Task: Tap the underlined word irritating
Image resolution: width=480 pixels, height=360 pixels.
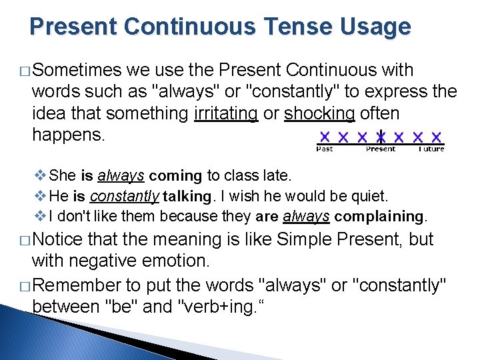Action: coord(225,113)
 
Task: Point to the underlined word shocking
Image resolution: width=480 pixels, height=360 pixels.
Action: coord(320,113)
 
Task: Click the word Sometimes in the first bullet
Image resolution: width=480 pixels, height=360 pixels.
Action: coord(77,70)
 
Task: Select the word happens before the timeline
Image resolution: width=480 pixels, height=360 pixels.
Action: coord(69,135)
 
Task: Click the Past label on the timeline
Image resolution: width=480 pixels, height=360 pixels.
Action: coord(325,149)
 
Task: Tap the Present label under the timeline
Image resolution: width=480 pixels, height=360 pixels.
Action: coord(381,149)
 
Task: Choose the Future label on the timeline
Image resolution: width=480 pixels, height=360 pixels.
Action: coord(431,149)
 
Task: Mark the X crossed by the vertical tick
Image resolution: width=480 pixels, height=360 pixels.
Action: coord(381,137)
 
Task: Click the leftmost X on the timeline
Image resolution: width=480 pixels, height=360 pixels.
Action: coord(325,137)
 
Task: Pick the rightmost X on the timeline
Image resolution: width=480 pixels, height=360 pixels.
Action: coord(437,137)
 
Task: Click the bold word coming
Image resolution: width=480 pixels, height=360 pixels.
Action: coord(175,176)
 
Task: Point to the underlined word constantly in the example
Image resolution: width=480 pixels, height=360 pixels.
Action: coord(124,196)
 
